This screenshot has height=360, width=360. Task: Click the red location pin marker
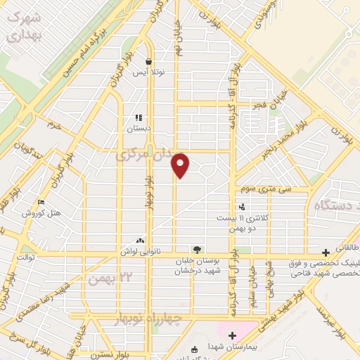point(181,165)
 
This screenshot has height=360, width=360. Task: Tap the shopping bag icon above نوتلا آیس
point(148,61)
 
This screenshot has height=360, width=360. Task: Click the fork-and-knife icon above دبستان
point(139,118)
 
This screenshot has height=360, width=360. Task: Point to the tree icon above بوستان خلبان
point(198,249)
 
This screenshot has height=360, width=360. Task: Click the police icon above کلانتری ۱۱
point(243,207)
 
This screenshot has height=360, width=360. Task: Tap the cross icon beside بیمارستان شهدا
point(231,336)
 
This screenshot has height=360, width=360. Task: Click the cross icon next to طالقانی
point(326,252)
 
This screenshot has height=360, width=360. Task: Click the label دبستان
point(139,129)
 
